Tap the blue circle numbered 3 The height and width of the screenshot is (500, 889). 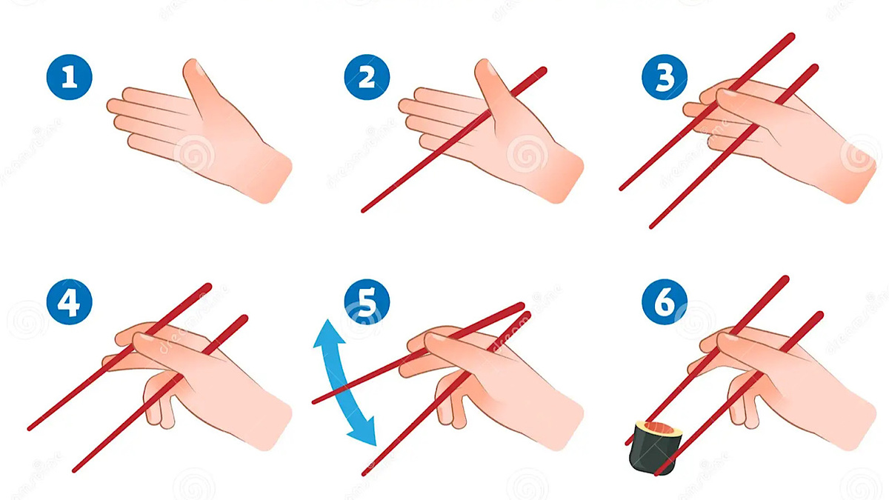tap(665, 77)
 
